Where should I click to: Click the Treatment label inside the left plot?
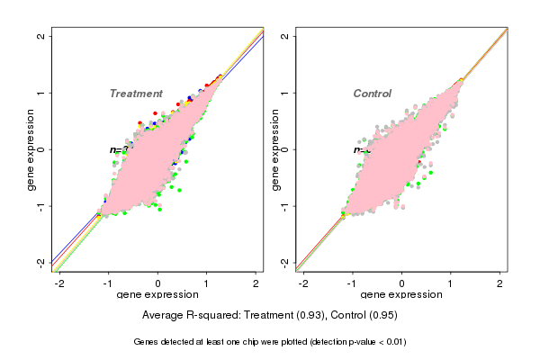click(x=136, y=94)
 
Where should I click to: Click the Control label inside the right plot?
click(x=372, y=94)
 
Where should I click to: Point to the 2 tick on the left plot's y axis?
click(x=42, y=36)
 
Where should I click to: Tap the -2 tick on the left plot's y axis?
click(x=42, y=262)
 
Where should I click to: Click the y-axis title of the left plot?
click(x=31, y=149)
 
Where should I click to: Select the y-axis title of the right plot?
click(x=274, y=149)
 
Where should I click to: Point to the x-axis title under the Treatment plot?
click(x=157, y=295)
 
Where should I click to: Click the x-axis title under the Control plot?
click(x=402, y=295)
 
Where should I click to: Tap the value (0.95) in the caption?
click(x=382, y=316)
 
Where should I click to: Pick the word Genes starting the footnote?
click(x=148, y=343)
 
